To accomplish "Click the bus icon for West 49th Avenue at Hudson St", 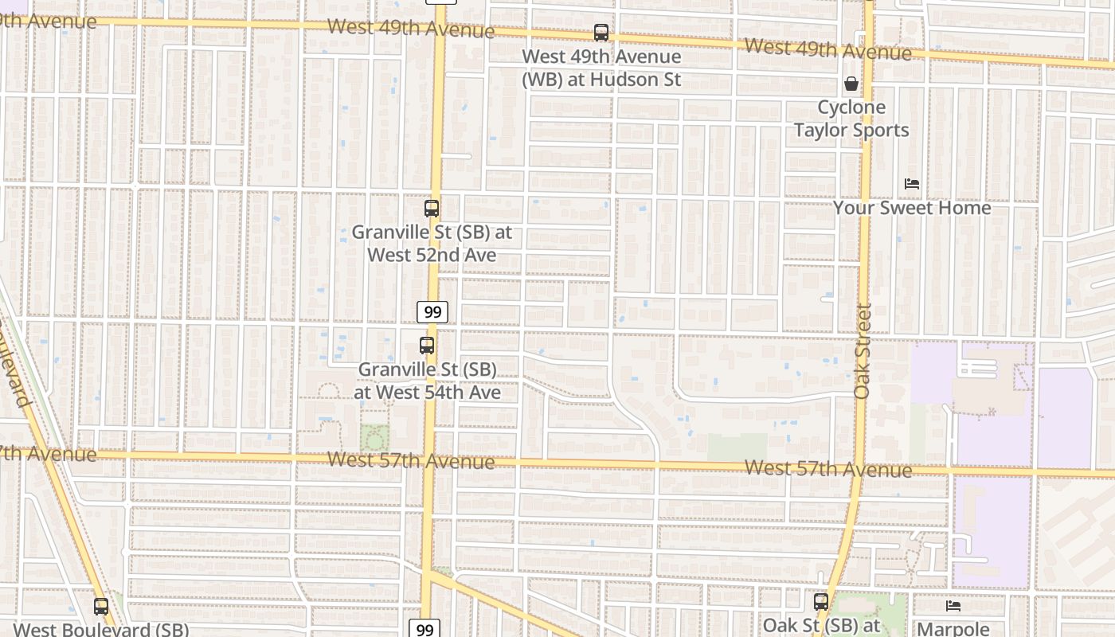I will pyautogui.click(x=601, y=33).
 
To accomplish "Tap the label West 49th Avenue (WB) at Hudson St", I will pyautogui.click(x=601, y=68).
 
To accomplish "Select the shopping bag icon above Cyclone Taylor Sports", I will pyautogui.click(x=851, y=84).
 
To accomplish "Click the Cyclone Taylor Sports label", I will pyautogui.click(x=851, y=119).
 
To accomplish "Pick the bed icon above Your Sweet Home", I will pyautogui.click(x=912, y=184).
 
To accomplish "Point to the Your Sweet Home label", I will pyautogui.click(x=912, y=208).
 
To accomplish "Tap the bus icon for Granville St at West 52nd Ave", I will pyautogui.click(x=431, y=209).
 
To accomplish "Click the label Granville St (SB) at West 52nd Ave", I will pyautogui.click(x=432, y=244).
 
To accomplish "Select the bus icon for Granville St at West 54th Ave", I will pyautogui.click(x=427, y=346).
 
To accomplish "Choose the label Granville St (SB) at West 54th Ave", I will pyautogui.click(x=427, y=381).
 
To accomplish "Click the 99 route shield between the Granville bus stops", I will pyautogui.click(x=432, y=311).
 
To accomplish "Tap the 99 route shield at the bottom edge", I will pyautogui.click(x=425, y=629).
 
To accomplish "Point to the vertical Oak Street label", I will pyautogui.click(x=863, y=350).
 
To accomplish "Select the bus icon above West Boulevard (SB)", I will pyautogui.click(x=101, y=606).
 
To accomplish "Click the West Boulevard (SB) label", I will pyautogui.click(x=101, y=629).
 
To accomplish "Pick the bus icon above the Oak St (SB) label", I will pyautogui.click(x=821, y=602).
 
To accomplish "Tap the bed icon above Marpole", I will pyautogui.click(x=953, y=606).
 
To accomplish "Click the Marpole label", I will pyautogui.click(x=953, y=629).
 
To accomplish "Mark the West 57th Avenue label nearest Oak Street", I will pyautogui.click(x=828, y=469).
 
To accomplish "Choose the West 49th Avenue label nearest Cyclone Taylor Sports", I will pyautogui.click(x=828, y=49).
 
